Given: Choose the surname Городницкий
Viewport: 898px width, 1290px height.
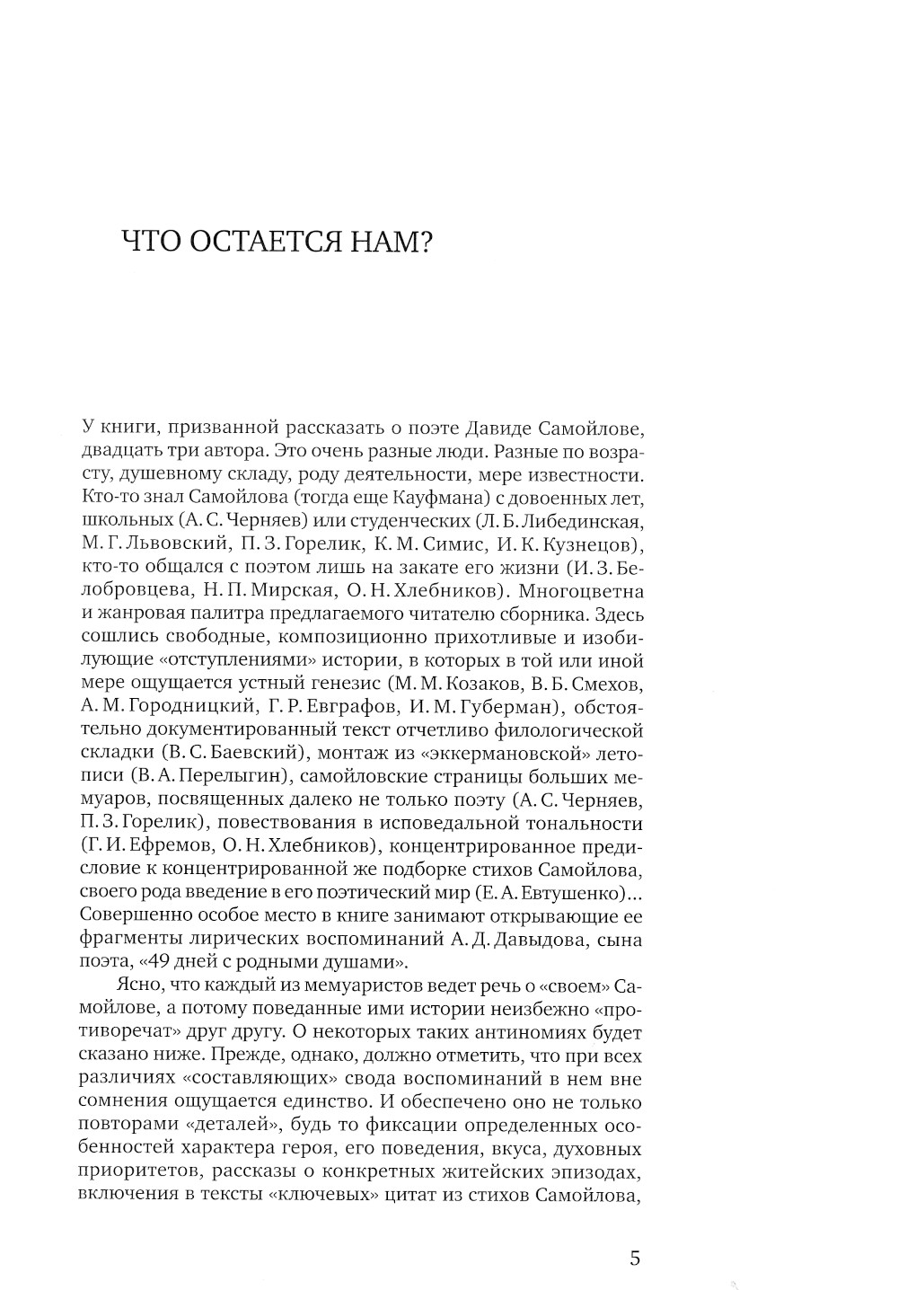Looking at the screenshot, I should click(x=198, y=707).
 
